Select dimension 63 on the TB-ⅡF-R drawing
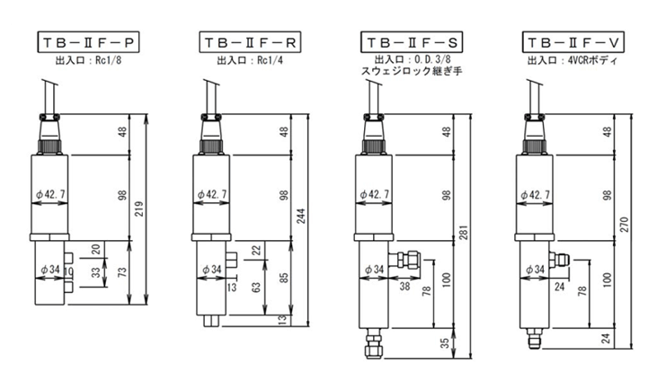256,288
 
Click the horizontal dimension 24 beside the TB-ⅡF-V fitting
558,288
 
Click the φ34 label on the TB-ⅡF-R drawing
212,268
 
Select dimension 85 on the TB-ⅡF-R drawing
284,277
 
